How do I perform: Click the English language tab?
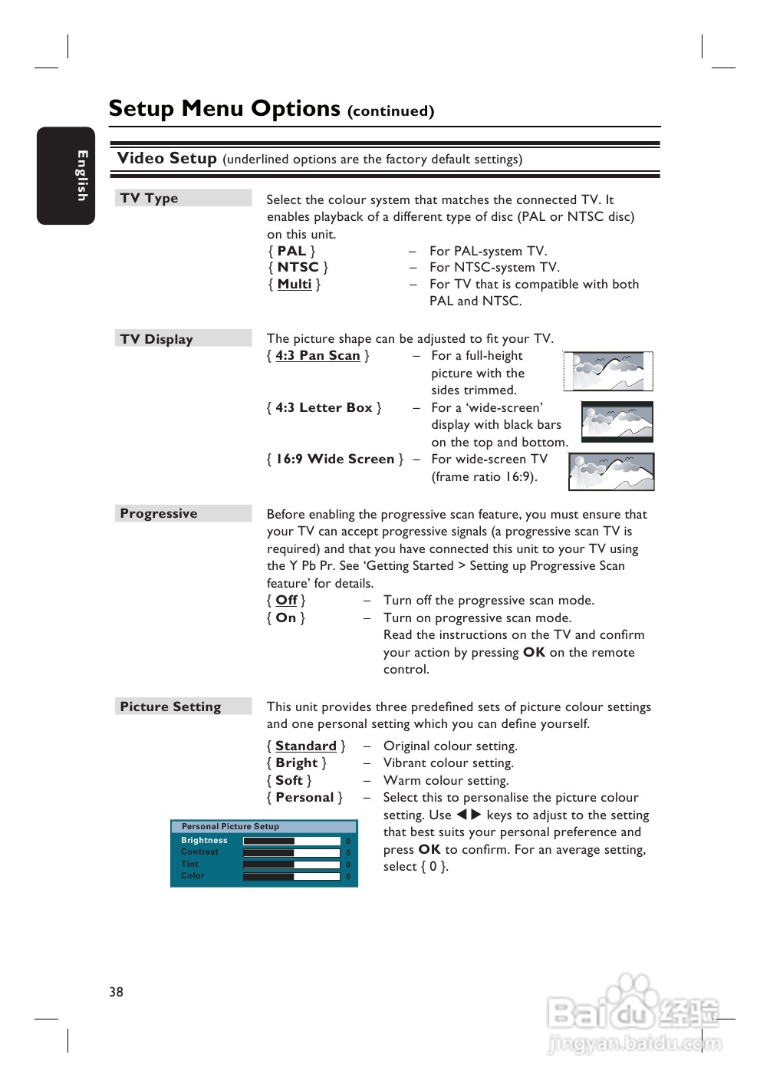67,176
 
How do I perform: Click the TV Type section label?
149,198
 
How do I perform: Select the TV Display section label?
156,339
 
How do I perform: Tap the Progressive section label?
159,513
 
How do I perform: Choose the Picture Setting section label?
170,707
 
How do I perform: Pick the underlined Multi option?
295,284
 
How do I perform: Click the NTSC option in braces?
298,267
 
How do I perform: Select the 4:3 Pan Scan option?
318,355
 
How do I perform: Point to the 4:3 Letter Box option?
324,407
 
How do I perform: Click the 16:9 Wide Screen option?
334,459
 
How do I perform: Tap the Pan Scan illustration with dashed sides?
608,371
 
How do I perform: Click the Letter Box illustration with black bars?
617,422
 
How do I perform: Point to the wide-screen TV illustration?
611,472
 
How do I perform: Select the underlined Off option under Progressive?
286,600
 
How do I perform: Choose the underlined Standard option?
306,746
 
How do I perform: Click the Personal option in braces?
304,797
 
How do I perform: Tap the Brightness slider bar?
291,841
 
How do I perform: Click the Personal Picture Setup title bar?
264,826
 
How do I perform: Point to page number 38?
116,991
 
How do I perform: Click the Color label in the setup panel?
192,875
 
